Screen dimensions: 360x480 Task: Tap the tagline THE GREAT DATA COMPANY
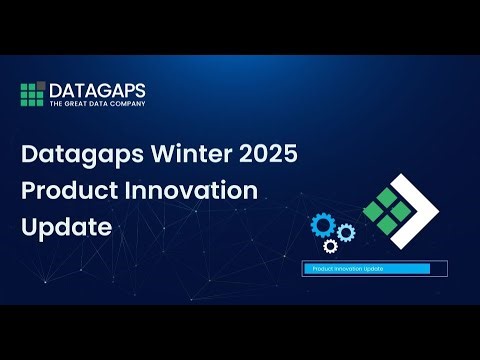(97, 103)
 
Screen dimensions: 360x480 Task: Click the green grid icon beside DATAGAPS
(33, 95)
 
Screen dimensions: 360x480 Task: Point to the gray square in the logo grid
(41, 87)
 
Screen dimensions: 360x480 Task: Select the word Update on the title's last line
(65, 227)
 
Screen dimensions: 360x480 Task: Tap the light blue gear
(346, 233)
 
